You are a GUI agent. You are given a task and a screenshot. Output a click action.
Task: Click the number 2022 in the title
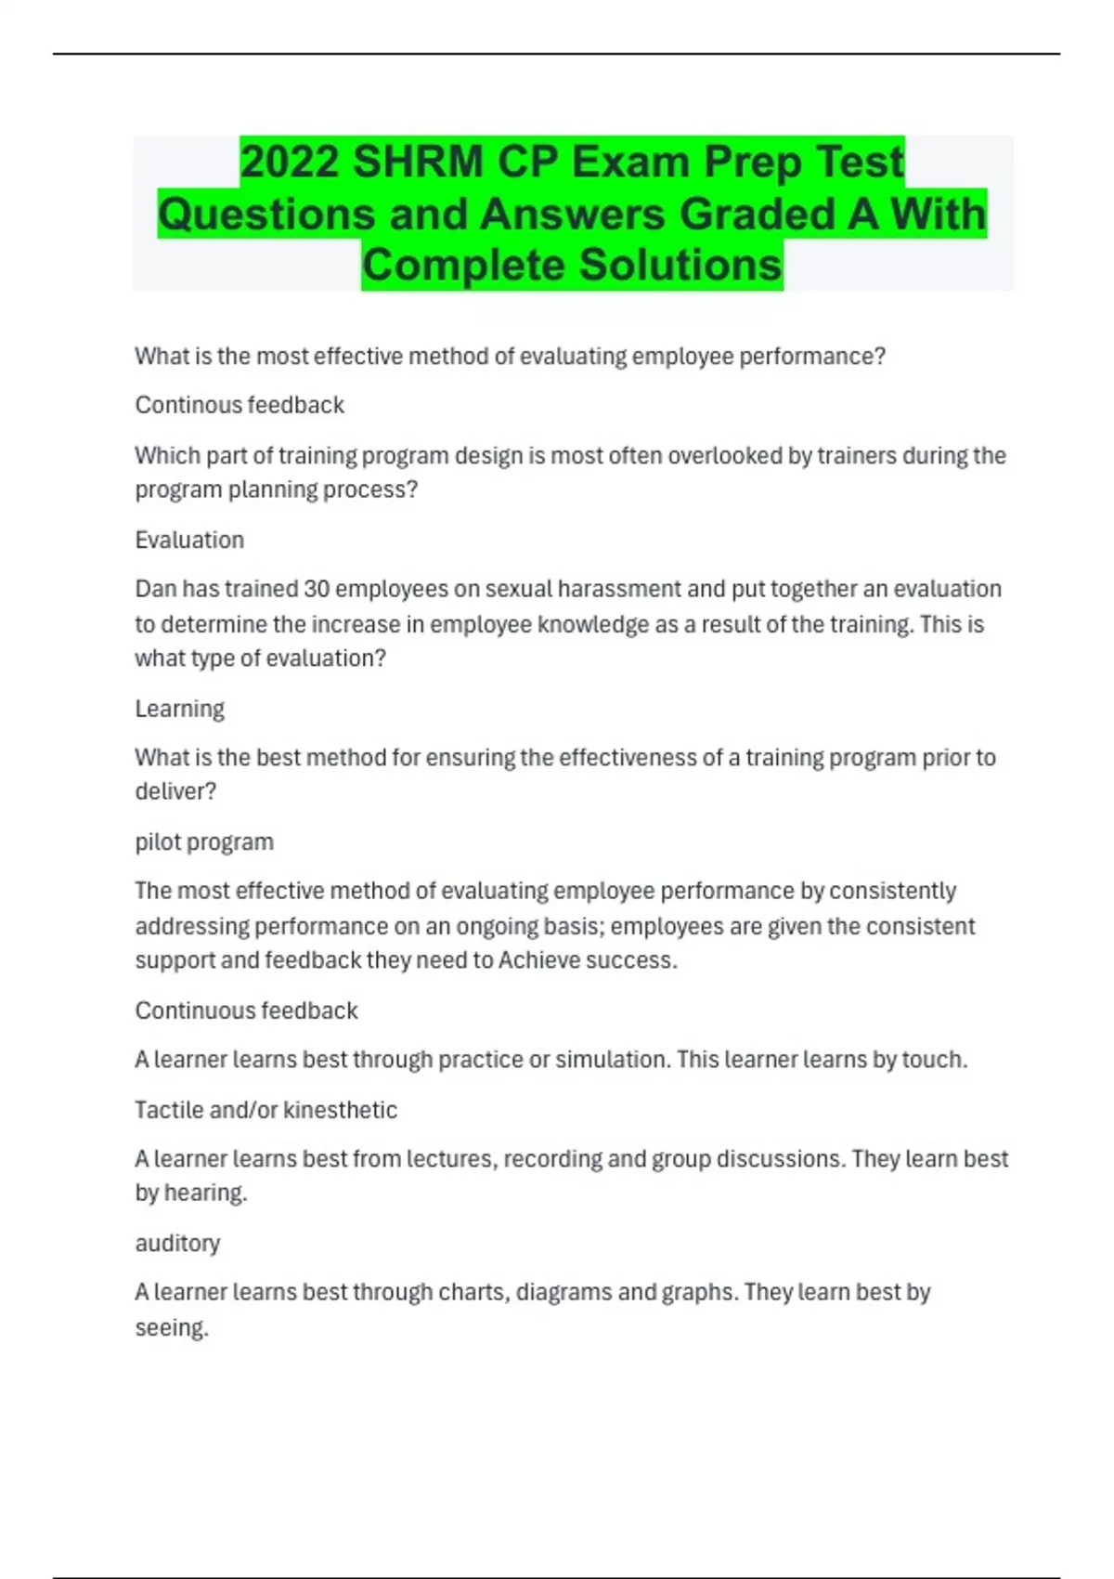(290, 162)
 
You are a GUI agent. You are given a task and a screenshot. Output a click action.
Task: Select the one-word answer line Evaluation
(189, 540)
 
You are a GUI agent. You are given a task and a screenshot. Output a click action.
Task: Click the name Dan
(155, 589)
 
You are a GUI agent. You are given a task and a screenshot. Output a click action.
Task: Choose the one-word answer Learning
(179, 709)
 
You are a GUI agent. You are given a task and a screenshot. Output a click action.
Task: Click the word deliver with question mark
(175, 791)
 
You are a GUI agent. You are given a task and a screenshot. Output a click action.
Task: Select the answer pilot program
(204, 842)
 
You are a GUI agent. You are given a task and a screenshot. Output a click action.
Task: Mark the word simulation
(610, 1060)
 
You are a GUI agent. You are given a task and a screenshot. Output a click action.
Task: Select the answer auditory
(177, 1243)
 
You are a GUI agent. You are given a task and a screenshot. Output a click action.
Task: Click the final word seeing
(171, 1328)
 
